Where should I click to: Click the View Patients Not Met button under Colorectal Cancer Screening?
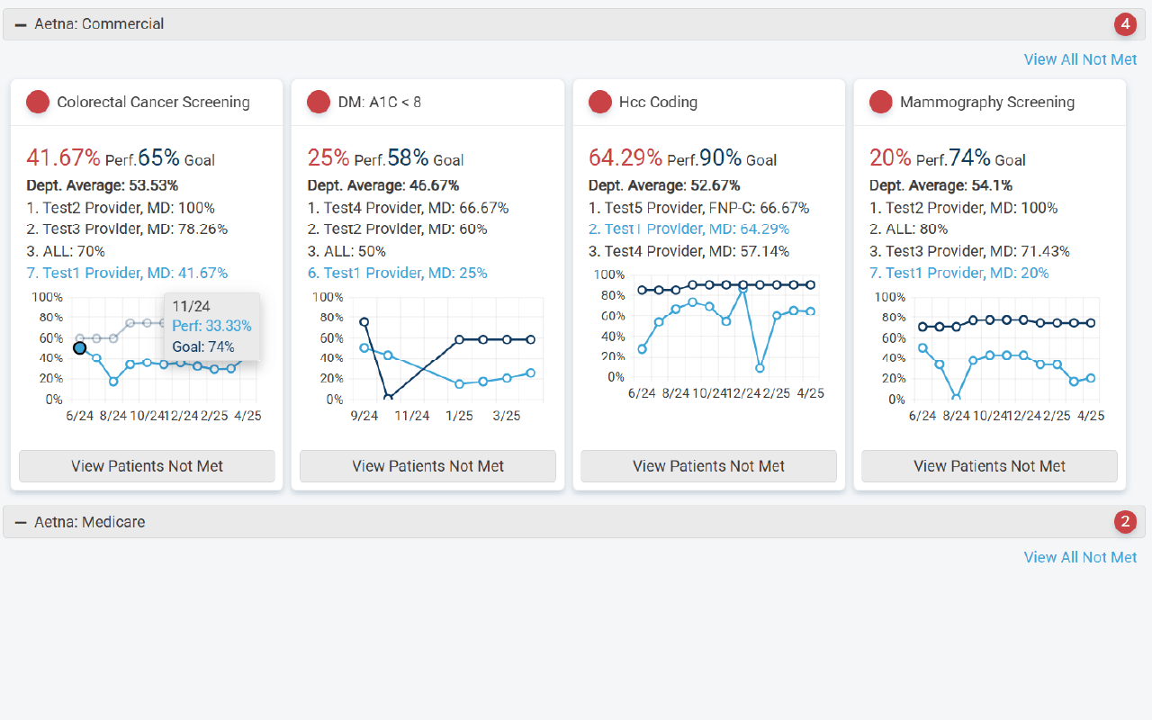coord(147,466)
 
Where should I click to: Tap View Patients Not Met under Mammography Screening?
coord(989,466)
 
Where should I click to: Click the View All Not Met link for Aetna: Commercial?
coord(1080,59)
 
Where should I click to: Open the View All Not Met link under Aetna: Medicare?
coord(1080,557)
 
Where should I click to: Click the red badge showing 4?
coord(1125,24)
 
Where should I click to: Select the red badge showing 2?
coord(1125,522)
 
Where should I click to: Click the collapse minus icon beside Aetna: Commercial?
coord(21,24)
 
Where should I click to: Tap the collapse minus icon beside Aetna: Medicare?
coord(21,522)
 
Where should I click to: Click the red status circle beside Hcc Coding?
coord(600,102)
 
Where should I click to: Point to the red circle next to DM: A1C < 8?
coord(319,102)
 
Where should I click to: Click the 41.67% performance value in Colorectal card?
coord(63,158)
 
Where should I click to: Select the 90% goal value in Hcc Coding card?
coord(720,158)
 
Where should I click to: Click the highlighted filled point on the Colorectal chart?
coord(80,347)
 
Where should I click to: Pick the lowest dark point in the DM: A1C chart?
coord(388,397)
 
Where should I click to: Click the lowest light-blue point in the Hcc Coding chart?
coord(760,368)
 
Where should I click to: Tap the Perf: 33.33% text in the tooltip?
coord(211,326)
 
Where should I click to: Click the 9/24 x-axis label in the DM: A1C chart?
coord(364,416)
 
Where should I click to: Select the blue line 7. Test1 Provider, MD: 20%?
coord(958,273)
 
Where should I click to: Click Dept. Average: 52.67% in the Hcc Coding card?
coord(664,185)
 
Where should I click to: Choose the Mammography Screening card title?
coord(986,102)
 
